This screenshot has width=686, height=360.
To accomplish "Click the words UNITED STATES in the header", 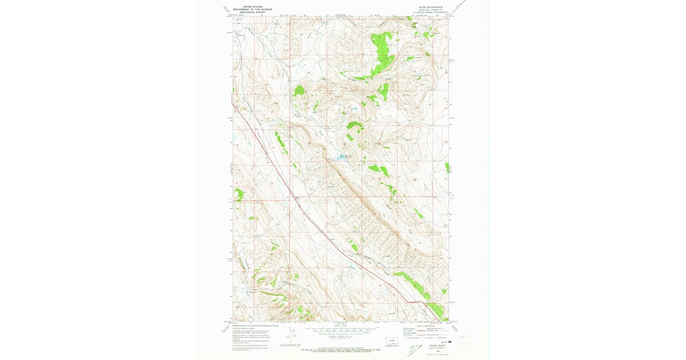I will tap(252, 7).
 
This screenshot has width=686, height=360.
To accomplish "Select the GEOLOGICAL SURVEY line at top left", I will tap(252, 11).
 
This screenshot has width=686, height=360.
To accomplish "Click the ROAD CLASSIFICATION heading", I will tap(427, 326).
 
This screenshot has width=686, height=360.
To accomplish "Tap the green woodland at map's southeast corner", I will tap(436, 309).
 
